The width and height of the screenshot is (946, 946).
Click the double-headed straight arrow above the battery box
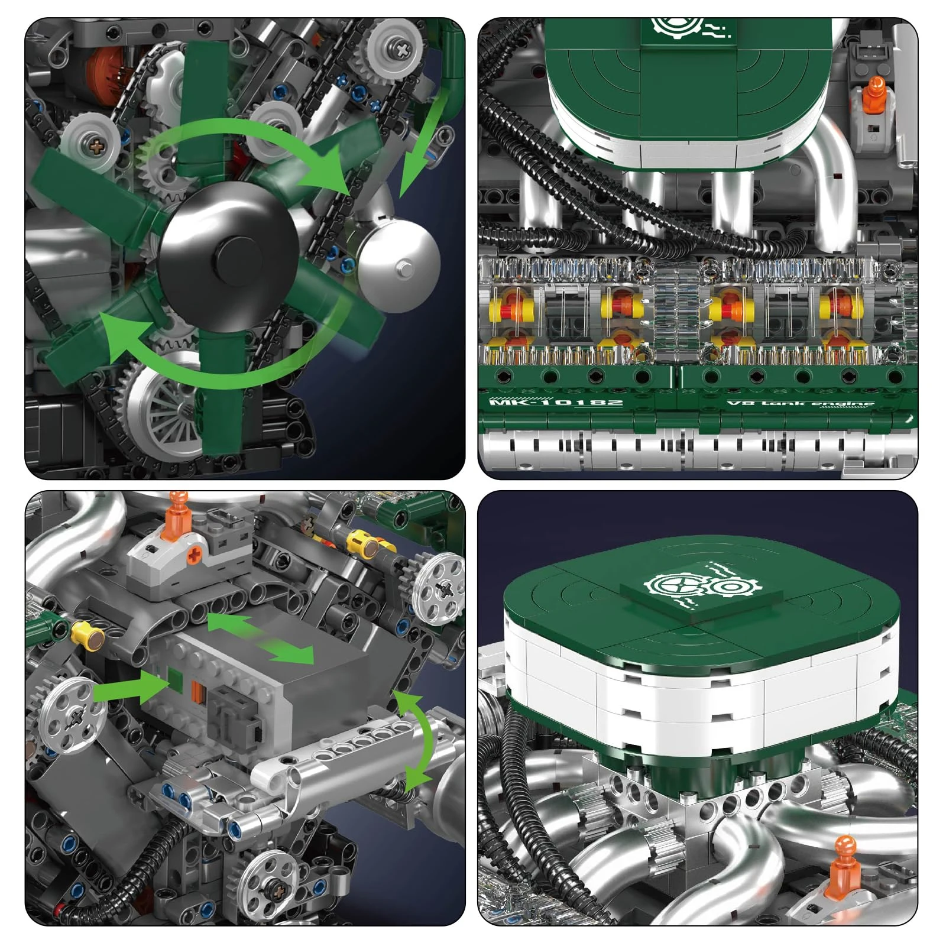coord(260,639)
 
